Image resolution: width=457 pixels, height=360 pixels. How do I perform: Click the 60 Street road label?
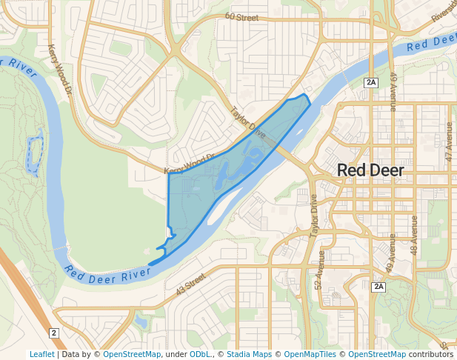pos(241,16)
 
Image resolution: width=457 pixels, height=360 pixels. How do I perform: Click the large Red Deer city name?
pos(370,170)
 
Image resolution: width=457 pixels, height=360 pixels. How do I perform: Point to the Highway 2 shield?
pos(54,333)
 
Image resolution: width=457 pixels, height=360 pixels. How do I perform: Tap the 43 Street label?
pos(190,284)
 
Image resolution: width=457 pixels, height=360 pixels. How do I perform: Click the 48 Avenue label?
pos(414,236)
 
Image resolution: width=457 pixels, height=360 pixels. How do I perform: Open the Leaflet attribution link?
pos(41,354)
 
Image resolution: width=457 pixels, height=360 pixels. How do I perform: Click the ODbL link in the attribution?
pos(200,354)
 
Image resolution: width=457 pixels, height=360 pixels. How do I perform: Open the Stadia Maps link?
pos(249,354)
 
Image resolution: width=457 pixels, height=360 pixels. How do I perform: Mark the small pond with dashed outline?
pos(34,154)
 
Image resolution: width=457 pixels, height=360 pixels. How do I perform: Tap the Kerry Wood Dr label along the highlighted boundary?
pos(188,164)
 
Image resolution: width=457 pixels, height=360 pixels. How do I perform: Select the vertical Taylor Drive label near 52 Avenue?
pos(314,216)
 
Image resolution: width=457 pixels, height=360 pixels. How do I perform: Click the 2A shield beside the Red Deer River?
pos(372,82)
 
